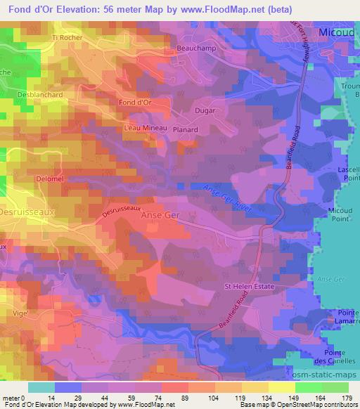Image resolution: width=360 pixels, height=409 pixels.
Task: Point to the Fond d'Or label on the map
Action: click(x=136, y=103)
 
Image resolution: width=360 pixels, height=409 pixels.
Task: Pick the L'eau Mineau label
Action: click(x=144, y=128)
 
